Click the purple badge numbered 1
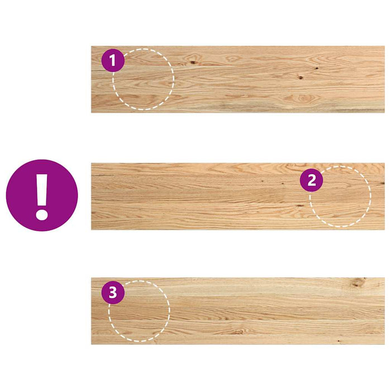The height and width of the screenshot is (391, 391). point(113,61)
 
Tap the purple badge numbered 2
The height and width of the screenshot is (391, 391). point(311,180)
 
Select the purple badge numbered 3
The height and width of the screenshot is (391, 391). point(113,293)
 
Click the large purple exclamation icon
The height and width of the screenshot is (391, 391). point(42,195)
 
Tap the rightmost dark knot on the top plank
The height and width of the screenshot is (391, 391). point(316,69)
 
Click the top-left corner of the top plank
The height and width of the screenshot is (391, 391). point(92,47)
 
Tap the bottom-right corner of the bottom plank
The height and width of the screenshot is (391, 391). point(384,343)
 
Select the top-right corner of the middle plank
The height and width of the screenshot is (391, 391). point(384,164)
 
